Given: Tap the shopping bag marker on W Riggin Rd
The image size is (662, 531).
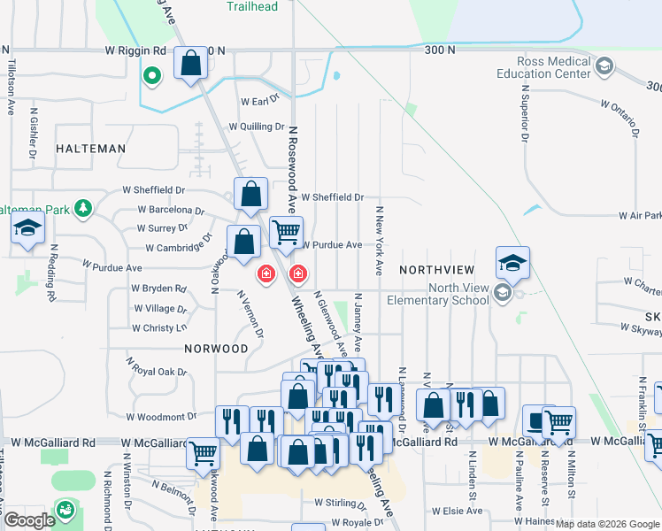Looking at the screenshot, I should tap(191, 64).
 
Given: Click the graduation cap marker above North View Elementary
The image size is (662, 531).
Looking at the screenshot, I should tap(512, 263).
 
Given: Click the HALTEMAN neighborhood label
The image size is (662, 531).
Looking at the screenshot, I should tap(90, 150).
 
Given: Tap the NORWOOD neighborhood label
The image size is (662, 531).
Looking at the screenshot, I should tap(216, 349).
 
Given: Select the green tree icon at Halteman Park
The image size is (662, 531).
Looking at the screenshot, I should tap(84, 208).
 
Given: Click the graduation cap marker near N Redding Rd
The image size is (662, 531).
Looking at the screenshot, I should tap(28, 228).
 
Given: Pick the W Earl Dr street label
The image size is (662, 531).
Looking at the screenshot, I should tap(258, 102).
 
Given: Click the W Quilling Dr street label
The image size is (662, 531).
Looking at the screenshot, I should tap(257, 127).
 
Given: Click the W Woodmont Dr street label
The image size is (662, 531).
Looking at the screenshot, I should tap(160, 416).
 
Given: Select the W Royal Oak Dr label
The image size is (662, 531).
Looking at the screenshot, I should tap(158, 366).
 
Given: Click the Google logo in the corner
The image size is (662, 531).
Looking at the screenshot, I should tap(28, 521).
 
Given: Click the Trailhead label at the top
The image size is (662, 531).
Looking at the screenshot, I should tap(251, 6).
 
